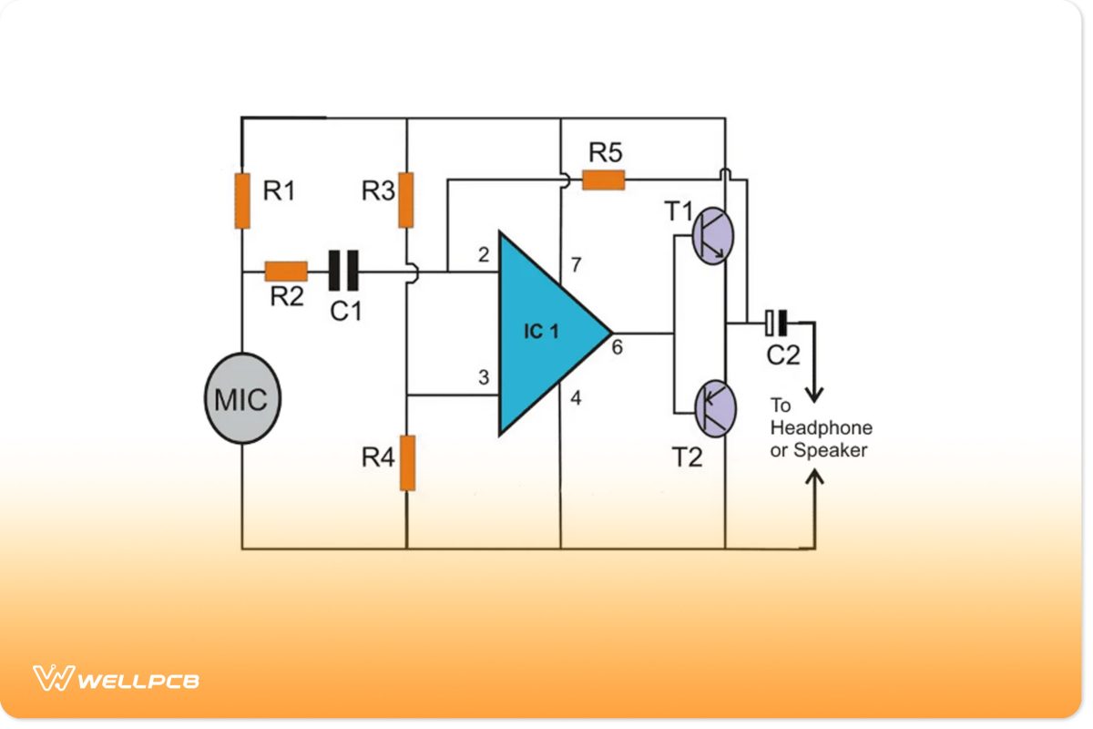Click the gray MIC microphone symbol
(242, 399)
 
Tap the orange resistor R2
(286, 271)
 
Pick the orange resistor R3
(406, 200)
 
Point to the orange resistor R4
(406, 462)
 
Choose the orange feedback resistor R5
(604, 180)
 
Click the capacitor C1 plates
(343, 271)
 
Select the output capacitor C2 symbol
(776, 322)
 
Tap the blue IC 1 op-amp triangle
(545, 333)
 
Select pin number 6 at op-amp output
(617, 348)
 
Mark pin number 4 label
(575, 397)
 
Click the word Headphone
(821, 427)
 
